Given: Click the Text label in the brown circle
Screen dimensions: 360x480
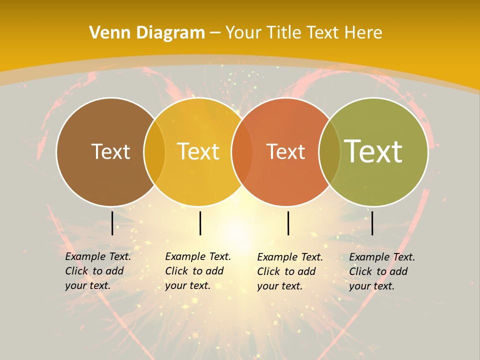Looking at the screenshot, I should coord(110,151).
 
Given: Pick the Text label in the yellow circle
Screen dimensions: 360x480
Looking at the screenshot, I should coord(198,151).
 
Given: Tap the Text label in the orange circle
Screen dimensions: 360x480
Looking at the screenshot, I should coord(285,151).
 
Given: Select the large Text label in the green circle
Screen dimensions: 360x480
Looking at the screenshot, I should coord(373,151).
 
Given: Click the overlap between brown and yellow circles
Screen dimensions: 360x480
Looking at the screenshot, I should coord(154,151).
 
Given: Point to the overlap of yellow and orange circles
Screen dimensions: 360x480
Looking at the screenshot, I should coord(242,151).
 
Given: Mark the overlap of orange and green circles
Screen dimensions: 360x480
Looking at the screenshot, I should coord(329,151).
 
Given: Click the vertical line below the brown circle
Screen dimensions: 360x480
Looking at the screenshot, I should coord(112,223).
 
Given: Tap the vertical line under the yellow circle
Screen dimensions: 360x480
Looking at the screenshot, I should coord(200,223).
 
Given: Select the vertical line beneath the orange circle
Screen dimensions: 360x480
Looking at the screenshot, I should coord(288,223).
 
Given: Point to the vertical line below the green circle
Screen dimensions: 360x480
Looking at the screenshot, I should coord(372,223).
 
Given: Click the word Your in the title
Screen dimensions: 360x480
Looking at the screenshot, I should coord(242,33).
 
